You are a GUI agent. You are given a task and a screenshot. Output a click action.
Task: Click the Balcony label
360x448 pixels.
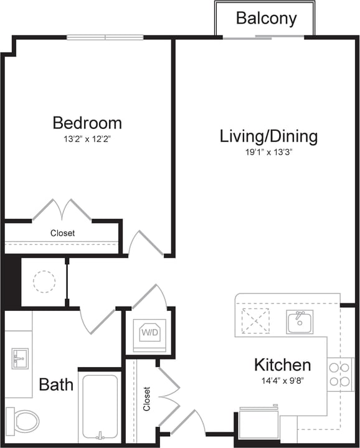click(x=266, y=18)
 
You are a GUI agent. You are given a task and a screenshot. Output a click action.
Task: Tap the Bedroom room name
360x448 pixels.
click(x=87, y=122)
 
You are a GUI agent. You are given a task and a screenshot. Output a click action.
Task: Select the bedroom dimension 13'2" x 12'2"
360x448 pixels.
click(x=87, y=139)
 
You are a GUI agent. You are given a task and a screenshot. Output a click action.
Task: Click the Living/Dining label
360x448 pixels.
click(x=268, y=136)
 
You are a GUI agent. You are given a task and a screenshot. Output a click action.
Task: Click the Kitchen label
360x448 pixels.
click(x=282, y=365)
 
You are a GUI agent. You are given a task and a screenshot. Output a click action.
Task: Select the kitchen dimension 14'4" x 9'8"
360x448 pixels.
click(x=282, y=381)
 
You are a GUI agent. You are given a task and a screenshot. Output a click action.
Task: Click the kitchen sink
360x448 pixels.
click(x=300, y=322)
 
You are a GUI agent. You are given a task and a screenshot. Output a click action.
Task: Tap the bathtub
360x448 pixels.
click(x=100, y=407)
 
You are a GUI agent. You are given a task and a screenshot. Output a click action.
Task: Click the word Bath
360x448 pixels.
click(x=56, y=384)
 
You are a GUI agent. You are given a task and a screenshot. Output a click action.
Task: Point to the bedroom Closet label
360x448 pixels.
click(x=62, y=233)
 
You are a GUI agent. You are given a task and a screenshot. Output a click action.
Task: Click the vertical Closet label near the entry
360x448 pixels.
click(x=147, y=399)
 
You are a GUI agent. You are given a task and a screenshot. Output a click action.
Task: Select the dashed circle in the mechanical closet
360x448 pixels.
click(x=44, y=282)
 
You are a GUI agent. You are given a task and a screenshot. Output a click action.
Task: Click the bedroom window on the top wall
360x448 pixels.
click(x=105, y=37)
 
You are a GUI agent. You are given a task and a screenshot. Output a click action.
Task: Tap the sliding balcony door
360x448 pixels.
click(x=264, y=37)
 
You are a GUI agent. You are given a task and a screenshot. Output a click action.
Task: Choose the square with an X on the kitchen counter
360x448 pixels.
click(x=255, y=321)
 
